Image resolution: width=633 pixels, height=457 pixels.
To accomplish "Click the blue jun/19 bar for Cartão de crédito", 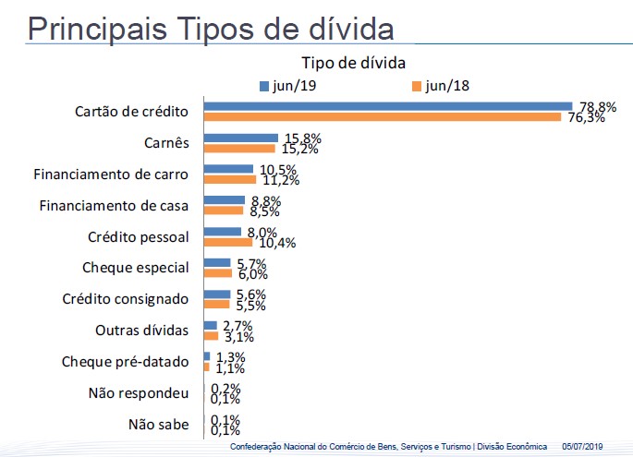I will click(x=388, y=106).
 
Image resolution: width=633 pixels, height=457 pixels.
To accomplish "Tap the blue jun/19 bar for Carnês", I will click(x=241, y=138).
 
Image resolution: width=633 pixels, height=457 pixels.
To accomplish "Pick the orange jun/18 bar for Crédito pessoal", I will click(x=228, y=242).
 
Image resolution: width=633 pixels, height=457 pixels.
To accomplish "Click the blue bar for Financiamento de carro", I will click(x=228, y=169).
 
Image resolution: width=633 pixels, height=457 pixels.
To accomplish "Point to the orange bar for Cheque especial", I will click(x=218, y=273).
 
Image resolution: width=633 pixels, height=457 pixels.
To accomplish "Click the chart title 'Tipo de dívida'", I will click(x=355, y=63).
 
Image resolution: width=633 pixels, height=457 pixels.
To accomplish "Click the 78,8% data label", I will click(x=599, y=107).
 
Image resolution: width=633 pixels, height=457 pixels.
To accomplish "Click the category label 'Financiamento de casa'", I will click(x=115, y=205).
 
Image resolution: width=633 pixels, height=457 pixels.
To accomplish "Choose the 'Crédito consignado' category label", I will click(x=126, y=299).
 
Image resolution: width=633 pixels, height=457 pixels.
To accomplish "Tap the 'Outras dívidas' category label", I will click(x=142, y=331).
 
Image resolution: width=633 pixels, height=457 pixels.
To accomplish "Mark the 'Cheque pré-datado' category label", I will click(x=125, y=362).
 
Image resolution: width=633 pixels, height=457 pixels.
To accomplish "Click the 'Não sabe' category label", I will click(x=159, y=425).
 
